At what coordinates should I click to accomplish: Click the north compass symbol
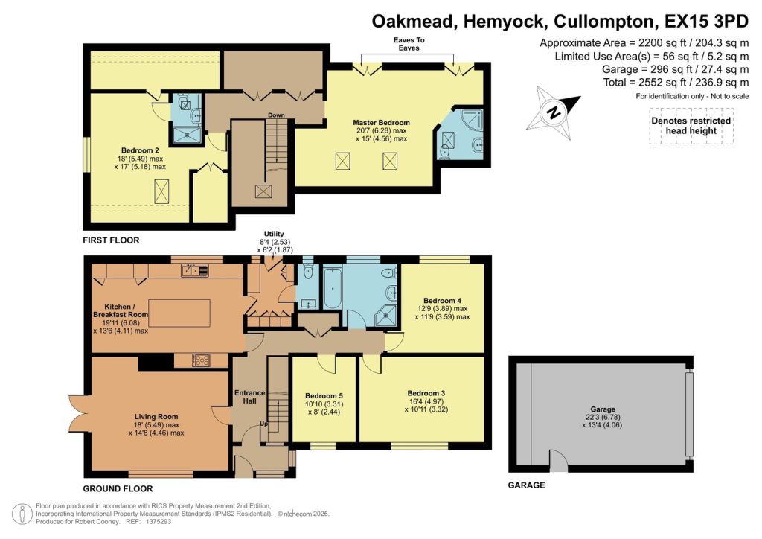(554, 112)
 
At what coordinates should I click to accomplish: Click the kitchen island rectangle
(179, 308)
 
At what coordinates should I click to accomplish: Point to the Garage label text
(603, 409)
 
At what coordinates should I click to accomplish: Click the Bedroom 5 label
(323, 395)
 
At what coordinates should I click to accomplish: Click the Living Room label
(156, 416)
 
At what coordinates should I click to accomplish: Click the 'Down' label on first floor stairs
(276, 115)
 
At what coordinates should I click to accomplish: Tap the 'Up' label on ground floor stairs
(264, 424)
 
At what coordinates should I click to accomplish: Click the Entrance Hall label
(250, 396)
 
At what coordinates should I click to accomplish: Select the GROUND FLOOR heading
(118, 489)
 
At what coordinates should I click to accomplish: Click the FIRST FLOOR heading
(111, 240)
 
